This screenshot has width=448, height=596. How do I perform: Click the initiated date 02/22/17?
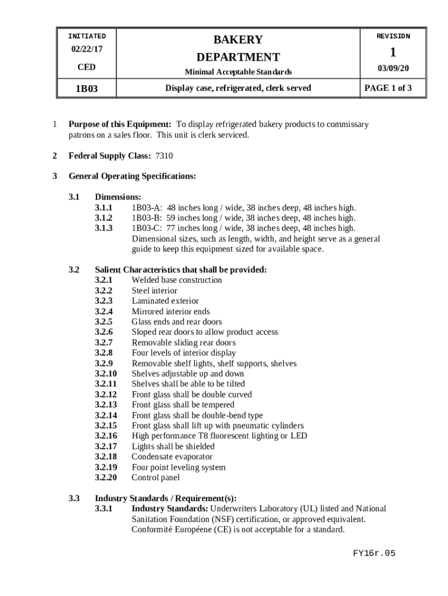click(87, 51)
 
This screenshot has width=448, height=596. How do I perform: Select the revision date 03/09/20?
click(393, 68)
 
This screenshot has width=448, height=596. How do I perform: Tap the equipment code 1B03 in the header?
click(87, 89)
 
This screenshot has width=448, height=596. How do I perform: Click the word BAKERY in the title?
click(238, 40)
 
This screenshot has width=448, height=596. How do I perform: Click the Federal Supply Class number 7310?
click(163, 156)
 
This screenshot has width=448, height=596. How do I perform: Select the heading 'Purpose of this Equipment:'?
click(120, 125)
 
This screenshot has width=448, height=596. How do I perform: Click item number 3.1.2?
click(104, 218)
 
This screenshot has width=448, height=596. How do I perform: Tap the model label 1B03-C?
click(147, 228)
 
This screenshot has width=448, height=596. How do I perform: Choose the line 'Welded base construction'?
click(177, 280)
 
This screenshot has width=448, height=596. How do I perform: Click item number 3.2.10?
click(106, 374)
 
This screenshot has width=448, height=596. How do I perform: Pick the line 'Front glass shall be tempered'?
click(183, 405)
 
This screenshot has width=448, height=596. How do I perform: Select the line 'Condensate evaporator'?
click(172, 457)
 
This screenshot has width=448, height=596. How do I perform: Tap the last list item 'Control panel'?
click(155, 478)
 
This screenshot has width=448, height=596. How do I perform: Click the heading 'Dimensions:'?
click(118, 197)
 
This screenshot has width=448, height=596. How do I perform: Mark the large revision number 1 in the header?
click(393, 52)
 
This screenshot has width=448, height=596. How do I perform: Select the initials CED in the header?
click(87, 68)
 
